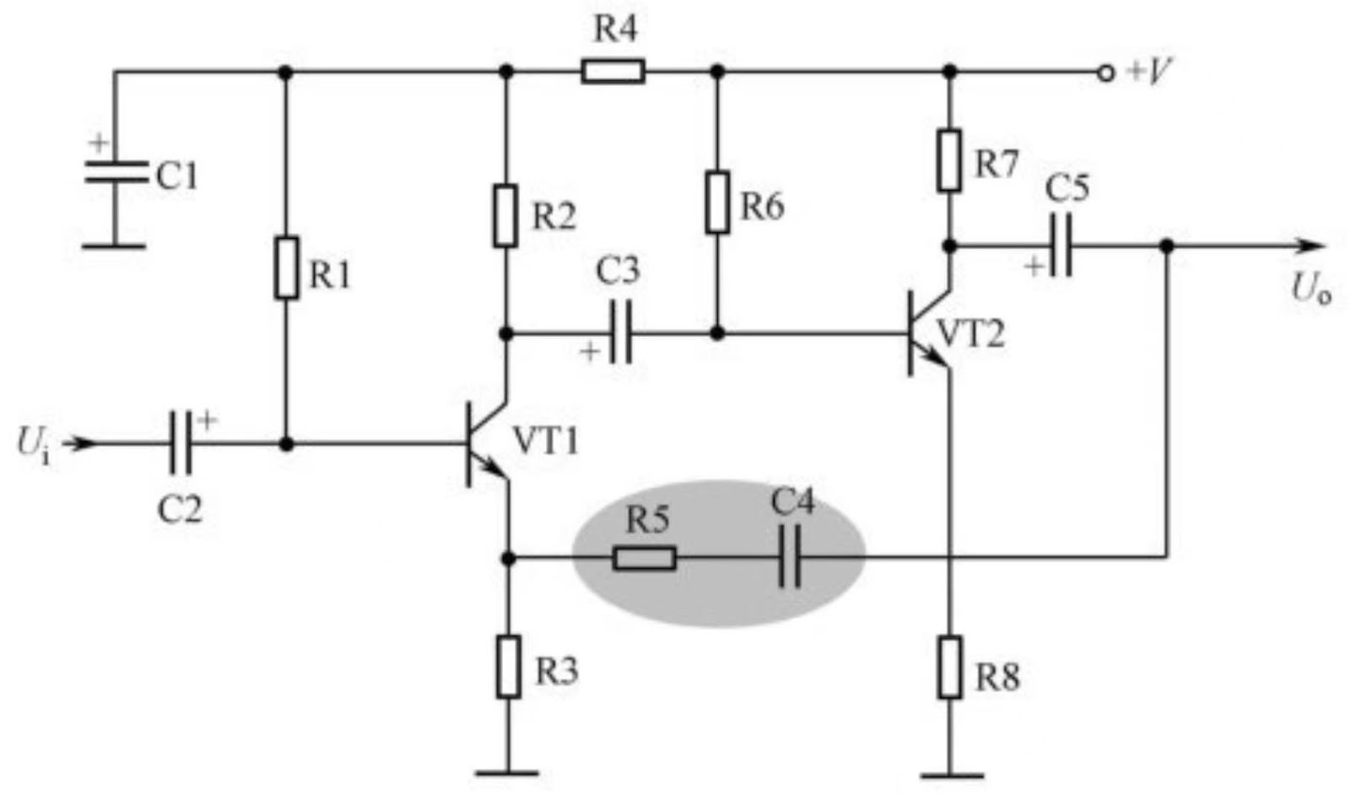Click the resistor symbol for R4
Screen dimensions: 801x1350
point(613,71)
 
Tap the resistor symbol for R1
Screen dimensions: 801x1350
point(287,268)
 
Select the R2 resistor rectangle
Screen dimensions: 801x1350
point(505,217)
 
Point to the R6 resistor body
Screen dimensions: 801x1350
point(717,202)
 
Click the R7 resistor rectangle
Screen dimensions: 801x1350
point(949,160)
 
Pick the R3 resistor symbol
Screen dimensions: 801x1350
point(508,667)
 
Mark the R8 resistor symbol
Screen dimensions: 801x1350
point(950,668)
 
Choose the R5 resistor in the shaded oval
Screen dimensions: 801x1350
point(644,558)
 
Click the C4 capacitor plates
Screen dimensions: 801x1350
point(790,558)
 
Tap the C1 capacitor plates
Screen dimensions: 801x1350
point(116,171)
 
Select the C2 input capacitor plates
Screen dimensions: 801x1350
point(180,443)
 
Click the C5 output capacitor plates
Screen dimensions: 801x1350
point(1061,246)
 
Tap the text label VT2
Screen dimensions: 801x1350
point(970,335)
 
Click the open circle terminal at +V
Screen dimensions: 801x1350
point(1105,73)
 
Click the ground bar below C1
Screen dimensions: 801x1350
point(115,246)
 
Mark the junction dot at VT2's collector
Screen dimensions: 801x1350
point(949,246)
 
